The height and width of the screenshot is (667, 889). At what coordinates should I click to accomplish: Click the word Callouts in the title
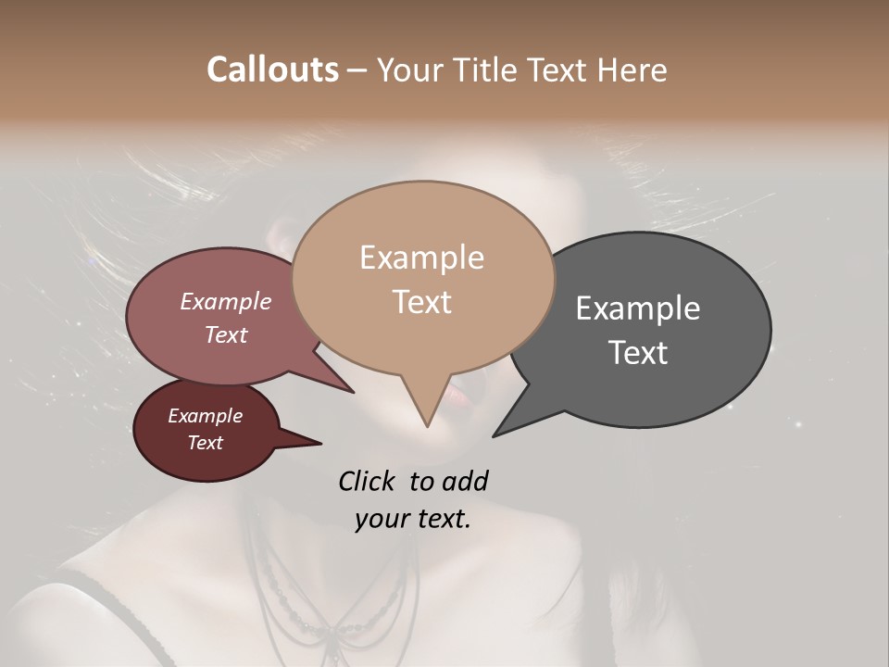pos(272,69)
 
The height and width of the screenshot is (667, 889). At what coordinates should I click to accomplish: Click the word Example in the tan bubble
pos(421,258)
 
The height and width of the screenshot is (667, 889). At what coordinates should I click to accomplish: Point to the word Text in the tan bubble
pos(421,302)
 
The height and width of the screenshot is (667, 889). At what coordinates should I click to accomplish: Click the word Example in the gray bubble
pos(638,308)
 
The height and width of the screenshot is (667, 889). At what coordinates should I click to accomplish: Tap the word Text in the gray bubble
pos(638,353)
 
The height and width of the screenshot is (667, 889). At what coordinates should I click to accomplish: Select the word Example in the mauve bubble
pos(226,301)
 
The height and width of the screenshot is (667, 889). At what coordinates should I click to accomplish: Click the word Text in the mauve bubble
pos(226,334)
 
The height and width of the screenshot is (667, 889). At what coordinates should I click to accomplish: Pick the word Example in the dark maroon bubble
pos(206,416)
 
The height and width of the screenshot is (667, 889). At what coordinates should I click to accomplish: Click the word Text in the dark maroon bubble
pos(206,443)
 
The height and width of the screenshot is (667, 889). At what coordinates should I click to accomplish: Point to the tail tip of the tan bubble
pos(427,425)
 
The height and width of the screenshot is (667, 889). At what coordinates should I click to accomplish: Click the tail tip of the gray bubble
pos(495,435)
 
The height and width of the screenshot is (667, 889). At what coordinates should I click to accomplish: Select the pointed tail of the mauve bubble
pos(352,392)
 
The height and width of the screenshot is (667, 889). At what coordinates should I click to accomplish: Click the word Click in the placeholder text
pos(369,481)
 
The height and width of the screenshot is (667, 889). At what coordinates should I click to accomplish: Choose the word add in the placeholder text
pos(465,481)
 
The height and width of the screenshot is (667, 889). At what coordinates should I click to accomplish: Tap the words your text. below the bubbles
pos(413,519)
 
